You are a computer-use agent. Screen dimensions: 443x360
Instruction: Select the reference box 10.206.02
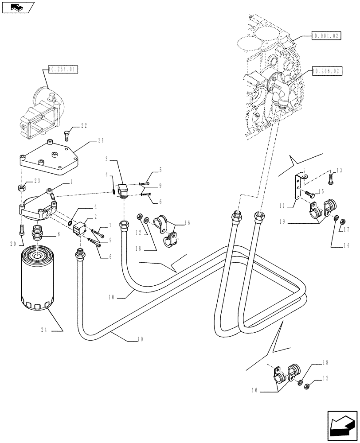326,70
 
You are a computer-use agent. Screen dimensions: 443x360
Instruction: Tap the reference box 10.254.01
62,70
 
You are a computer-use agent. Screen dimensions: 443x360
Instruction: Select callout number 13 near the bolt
339,171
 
